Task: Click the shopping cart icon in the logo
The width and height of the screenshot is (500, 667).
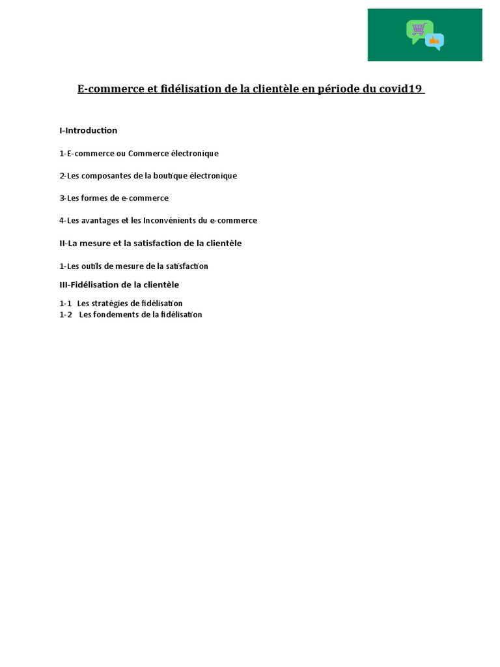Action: pos(419,29)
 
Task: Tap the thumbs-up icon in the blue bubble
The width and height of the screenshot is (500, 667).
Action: pos(434,41)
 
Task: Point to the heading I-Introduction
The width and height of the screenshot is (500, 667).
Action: pos(89,130)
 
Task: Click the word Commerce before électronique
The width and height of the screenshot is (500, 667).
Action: pos(149,154)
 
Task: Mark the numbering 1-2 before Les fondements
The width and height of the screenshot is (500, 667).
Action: pos(65,315)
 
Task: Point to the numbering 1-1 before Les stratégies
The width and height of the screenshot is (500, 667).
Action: pos(65,304)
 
